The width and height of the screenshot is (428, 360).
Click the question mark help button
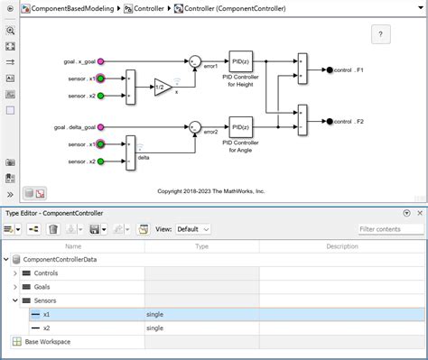381,34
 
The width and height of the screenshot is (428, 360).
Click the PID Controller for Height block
240,61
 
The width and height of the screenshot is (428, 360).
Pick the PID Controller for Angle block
240,126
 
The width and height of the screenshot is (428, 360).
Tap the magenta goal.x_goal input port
101,61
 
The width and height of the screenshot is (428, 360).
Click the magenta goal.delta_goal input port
101,127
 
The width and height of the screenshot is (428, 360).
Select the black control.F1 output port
330,69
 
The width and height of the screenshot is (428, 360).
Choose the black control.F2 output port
330,121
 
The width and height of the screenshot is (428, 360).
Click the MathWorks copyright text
211,191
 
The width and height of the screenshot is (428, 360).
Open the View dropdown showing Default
192,229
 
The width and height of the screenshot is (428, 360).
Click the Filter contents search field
389,229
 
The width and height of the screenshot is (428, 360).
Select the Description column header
341,245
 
